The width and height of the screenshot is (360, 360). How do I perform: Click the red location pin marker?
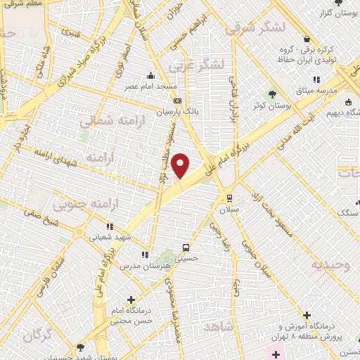[181, 165]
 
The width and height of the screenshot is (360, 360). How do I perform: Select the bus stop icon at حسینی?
[186, 247]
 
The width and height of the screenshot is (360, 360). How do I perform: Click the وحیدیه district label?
[333, 265]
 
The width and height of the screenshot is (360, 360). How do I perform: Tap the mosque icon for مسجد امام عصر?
[149, 75]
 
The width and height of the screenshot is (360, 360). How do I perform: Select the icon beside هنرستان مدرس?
[143, 255]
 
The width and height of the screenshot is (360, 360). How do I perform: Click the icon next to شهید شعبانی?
[110, 226]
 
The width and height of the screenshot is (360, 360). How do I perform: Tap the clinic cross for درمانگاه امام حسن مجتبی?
[131, 299]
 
